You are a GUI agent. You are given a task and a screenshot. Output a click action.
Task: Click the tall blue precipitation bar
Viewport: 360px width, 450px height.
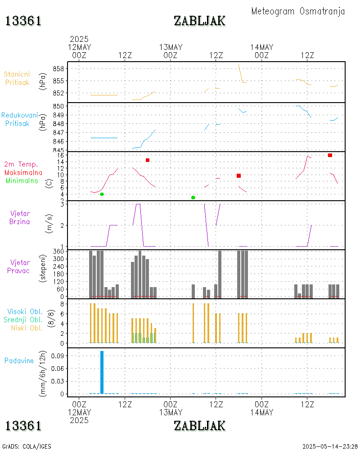click(102, 372)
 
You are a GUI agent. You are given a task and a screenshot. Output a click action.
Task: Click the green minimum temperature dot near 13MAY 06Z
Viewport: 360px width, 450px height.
click(193, 198)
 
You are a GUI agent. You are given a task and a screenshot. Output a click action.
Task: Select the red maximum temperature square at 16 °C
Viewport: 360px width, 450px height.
click(330, 155)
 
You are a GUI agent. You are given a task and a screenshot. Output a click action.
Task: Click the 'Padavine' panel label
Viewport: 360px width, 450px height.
click(19, 360)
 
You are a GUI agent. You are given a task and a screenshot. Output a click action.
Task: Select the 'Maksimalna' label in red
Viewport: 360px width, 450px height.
click(23, 172)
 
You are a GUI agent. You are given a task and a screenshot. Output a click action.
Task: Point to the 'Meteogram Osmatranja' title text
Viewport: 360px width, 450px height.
click(298, 11)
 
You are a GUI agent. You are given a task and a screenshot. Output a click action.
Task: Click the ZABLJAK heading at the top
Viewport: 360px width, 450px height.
click(199, 21)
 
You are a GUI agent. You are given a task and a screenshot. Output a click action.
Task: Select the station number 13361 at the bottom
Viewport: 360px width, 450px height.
click(23, 425)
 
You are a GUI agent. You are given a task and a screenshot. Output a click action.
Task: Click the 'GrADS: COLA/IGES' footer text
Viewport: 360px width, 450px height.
click(27, 446)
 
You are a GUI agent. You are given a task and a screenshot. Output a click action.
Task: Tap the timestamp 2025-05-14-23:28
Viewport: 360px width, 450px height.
click(330, 446)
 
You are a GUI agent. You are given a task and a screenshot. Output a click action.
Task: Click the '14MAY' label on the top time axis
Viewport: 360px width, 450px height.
click(262, 47)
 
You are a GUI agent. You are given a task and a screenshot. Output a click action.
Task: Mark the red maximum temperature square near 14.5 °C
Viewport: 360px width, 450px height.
click(148, 160)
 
